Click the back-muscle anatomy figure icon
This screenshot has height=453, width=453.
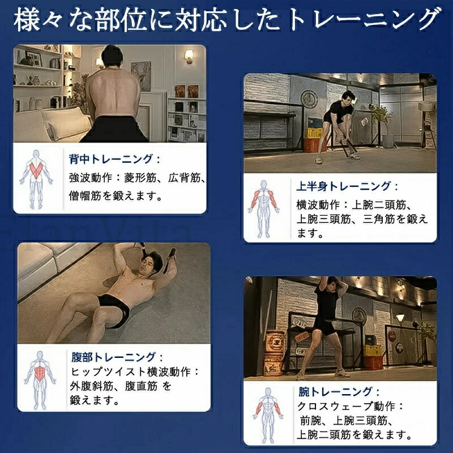pos(36,179)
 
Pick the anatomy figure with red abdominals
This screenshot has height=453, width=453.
pos(40,379)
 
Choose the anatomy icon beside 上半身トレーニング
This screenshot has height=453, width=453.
pos(263,208)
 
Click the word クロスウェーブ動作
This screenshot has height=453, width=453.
pos(346,407)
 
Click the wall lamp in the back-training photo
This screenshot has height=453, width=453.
pos(189,56)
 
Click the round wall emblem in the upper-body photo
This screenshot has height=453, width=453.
pos(309,99)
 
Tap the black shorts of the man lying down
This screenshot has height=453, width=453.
pos(114,310)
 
